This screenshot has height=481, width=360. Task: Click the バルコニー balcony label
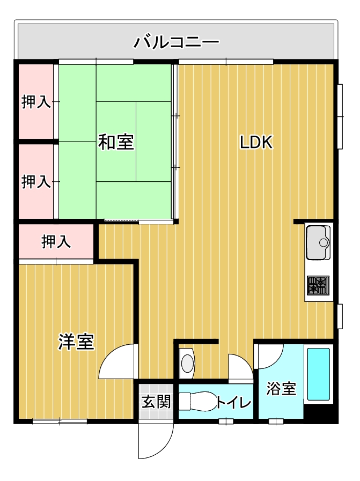click(177, 42)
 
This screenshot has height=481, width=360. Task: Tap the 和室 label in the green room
click(116, 142)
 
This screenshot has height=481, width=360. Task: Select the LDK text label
click(256, 142)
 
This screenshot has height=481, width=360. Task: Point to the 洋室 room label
click(76, 342)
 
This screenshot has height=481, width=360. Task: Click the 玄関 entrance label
click(156, 401)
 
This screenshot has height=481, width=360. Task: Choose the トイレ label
click(234, 402)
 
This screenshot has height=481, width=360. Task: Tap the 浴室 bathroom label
click(281, 388)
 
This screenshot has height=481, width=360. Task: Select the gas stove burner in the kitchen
click(318, 285)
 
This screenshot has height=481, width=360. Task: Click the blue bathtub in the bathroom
click(318, 374)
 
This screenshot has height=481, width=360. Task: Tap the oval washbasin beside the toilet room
click(188, 364)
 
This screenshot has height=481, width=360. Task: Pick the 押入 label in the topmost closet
click(36, 101)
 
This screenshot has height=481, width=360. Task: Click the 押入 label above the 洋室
click(56, 242)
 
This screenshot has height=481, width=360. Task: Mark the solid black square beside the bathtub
click(319, 411)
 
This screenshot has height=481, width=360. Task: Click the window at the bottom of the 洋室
click(60, 421)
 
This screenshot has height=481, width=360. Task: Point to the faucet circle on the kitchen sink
click(324, 243)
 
